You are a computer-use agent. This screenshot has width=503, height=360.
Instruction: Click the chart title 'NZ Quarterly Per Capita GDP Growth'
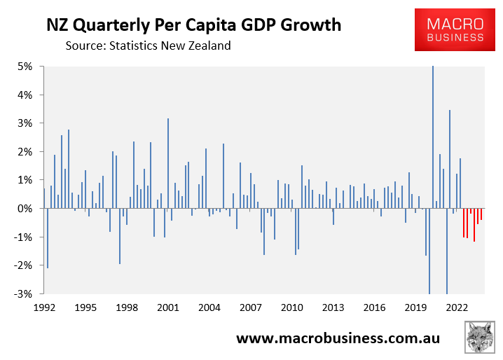(x=194, y=26)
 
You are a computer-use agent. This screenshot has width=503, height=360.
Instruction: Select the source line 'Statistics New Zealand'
(x=148, y=46)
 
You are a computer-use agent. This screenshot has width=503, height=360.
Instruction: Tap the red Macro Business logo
(x=449, y=29)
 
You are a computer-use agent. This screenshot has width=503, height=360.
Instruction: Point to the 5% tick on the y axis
(x=29, y=67)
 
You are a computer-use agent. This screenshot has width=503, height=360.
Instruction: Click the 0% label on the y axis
(x=29, y=209)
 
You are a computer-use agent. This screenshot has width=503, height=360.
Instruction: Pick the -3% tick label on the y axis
(x=27, y=293)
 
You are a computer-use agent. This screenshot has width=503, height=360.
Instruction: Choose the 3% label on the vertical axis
(x=29, y=123)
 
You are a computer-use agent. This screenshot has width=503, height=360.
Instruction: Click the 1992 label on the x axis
(x=44, y=307)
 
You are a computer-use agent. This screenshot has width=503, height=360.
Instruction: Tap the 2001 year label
(x=167, y=307)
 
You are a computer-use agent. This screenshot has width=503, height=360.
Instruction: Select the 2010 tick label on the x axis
(x=291, y=307)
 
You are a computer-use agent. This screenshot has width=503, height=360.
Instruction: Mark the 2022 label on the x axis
(x=457, y=307)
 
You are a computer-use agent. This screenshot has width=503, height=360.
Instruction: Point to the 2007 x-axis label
(x=250, y=307)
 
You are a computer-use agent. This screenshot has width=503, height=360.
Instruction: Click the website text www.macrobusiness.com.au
(x=338, y=339)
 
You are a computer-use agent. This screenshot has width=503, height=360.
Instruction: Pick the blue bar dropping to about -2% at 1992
(x=48, y=238)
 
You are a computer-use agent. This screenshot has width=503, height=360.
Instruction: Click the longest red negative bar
(x=474, y=225)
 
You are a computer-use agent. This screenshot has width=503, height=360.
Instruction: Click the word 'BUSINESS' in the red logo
(x=449, y=38)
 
